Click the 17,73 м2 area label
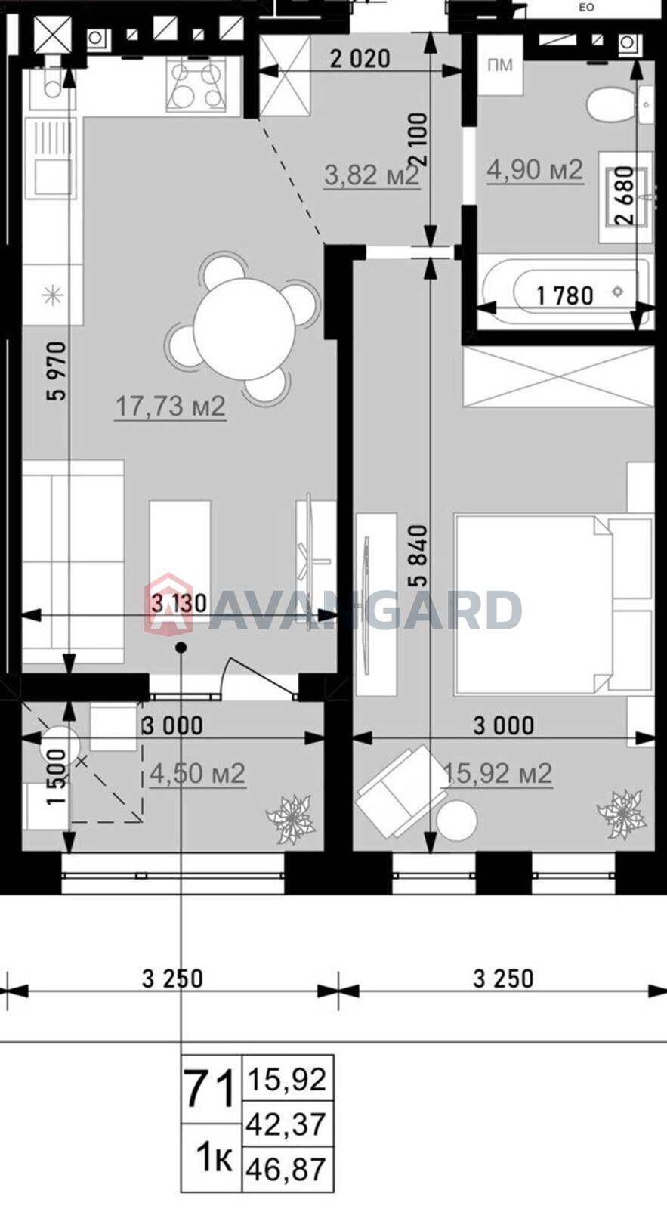point(171,407)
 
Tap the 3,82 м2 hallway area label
point(372,175)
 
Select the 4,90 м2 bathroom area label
point(535,170)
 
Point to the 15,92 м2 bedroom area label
point(497,774)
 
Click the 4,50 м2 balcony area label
point(197,774)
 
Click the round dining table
point(244,329)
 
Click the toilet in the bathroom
point(612,107)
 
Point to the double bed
point(553,604)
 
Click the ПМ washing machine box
point(500,65)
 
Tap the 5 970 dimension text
point(57,371)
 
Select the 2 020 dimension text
point(360,59)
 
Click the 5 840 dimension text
point(418,556)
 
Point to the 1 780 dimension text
point(565,295)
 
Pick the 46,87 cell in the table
point(286,1169)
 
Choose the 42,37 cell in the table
point(286,1124)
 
